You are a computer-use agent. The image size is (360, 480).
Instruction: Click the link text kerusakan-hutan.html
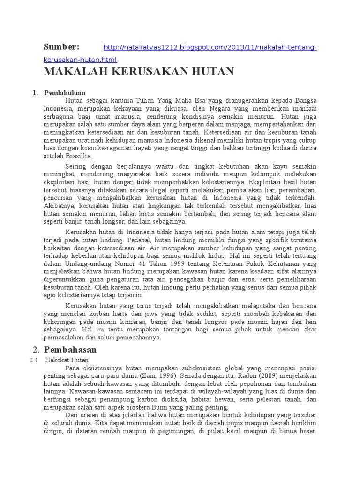(x=80, y=60)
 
